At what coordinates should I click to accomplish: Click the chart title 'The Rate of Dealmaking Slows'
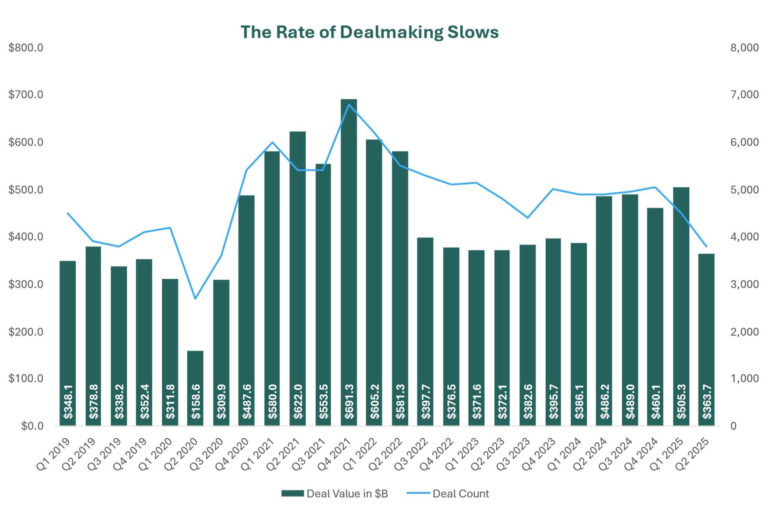[369, 32]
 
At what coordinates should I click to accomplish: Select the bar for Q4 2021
[349, 236]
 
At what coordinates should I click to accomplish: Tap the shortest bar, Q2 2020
[195, 370]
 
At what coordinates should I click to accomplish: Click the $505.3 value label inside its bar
[681, 401]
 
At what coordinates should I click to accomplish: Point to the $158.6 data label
[196, 401]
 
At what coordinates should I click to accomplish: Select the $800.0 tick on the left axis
[26, 48]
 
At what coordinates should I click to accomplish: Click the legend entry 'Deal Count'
[460, 494]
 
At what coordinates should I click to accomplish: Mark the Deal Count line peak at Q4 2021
[349, 104]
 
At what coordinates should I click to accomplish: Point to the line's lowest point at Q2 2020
[195, 298]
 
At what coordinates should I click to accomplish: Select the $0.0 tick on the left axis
[32, 426]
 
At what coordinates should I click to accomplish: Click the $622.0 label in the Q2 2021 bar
[298, 401]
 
